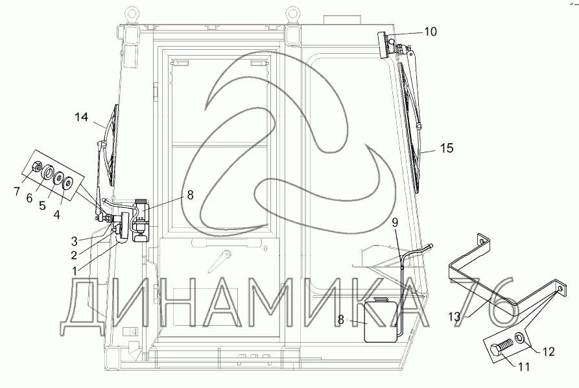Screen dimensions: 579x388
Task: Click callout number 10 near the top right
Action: tap(431, 32)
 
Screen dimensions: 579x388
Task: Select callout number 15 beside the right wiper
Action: tap(447, 148)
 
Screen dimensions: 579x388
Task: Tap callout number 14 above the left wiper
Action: tap(81, 117)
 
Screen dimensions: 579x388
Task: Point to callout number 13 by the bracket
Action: tap(455, 317)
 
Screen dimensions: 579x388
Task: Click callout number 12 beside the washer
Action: tap(549, 352)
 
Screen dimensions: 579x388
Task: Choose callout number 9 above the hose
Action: tap(395, 222)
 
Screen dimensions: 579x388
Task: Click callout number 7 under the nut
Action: tap(17, 192)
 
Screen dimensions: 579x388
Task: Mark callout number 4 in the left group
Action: tap(56, 214)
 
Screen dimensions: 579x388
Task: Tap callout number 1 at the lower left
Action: tap(75, 271)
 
